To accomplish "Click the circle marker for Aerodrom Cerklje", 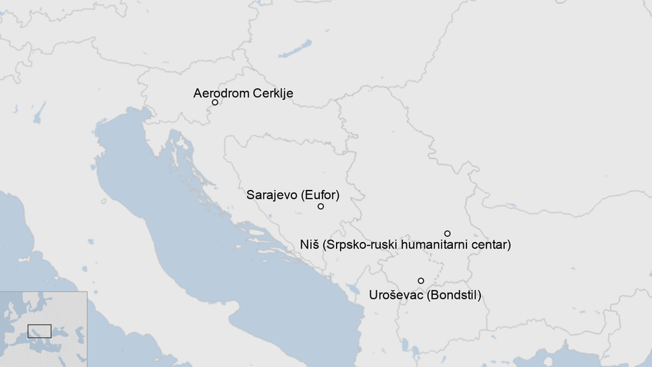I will coord(215,102).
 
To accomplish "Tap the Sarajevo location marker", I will coord(321,207).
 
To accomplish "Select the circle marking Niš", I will coord(448,233).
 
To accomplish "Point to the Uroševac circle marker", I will coord(421,281).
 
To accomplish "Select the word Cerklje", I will coord(273,93).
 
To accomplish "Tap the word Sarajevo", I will coord(272,195).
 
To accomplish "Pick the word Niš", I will coord(310,245).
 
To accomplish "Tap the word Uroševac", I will coord(396,294).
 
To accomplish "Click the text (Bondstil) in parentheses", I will coord(454,294).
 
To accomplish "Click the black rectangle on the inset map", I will coord(39,331).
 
